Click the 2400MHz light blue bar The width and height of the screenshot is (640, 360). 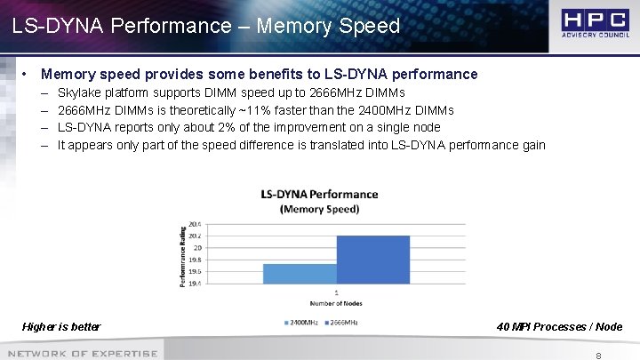[287, 274]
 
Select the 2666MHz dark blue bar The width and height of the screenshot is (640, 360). [361, 260]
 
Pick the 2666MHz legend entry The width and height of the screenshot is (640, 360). [344, 321]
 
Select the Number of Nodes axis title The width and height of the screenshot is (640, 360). [336, 303]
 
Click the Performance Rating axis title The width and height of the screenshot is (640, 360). [184, 254]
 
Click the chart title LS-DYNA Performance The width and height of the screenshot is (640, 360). [319, 195]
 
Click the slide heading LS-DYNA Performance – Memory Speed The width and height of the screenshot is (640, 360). [206, 26]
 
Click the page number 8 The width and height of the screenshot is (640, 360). [599, 355]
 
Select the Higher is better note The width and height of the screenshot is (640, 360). [61, 327]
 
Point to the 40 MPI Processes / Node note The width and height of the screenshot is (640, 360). [559, 327]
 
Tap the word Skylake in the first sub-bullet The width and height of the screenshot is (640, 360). [79, 92]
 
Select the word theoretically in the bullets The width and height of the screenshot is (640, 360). [191, 110]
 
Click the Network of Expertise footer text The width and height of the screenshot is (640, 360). [82, 354]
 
